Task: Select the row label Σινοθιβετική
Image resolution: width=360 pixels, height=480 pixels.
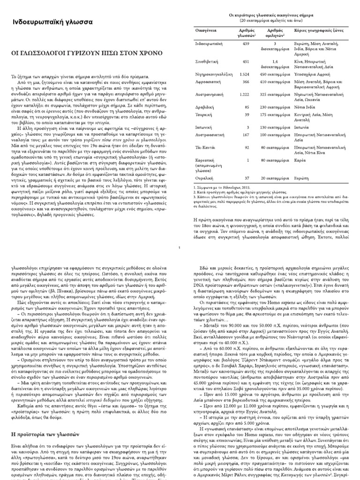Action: tap(207, 61)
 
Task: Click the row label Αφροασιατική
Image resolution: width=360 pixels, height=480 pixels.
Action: tap(207, 82)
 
